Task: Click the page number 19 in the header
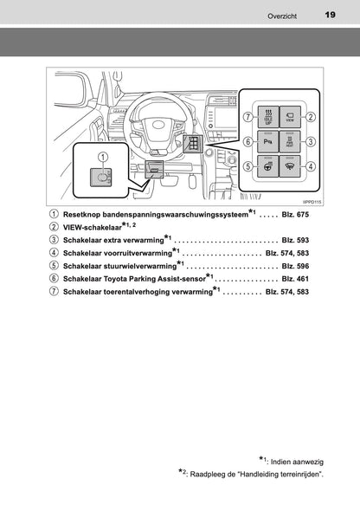pos(330,14)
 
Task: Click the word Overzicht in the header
pos(283,15)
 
